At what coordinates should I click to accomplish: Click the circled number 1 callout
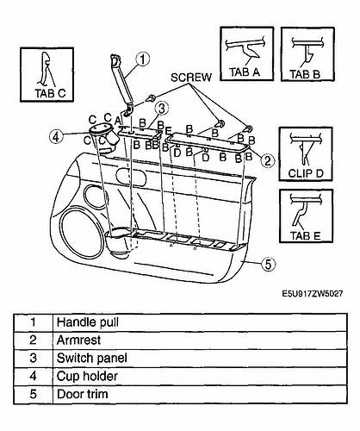point(143,59)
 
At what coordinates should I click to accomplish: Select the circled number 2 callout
point(268,160)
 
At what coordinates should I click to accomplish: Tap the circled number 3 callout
point(162,109)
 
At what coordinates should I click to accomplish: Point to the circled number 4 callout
point(56,137)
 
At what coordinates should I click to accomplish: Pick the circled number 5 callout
point(268,264)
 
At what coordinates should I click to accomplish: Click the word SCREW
point(191,78)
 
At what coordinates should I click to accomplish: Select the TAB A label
point(245,72)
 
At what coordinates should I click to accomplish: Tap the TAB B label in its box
point(305,74)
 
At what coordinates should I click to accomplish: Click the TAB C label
point(50,93)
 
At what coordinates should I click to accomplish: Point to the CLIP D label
point(306,173)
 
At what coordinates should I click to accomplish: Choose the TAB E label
point(305,236)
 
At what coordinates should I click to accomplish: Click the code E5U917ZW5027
point(313,294)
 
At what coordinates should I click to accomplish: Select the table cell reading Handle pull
point(200,322)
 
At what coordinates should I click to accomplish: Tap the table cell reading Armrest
point(200,340)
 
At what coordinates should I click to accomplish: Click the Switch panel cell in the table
point(200,358)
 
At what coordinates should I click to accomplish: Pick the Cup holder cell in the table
point(200,376)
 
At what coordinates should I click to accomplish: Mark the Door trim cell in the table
point(200,394)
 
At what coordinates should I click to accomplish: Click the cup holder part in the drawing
point(104,136)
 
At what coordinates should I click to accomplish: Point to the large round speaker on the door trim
point(82,234)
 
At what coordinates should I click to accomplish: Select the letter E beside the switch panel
point(169,131)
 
